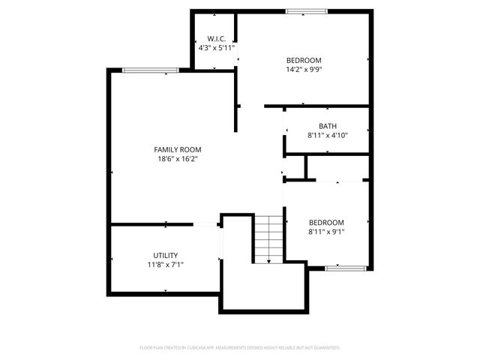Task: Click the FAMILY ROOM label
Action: [x=177, y=149]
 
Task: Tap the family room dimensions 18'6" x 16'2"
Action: [x=177, y=158]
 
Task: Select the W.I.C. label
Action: [x=217, y=39]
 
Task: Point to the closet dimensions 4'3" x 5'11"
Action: [x=217, y=47]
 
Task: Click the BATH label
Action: [x=327, y=126]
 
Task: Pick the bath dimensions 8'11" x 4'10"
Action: [x=327, y=135]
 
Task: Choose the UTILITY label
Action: [x=165, y=256]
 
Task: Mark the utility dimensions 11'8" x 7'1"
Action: [x=165, y=265]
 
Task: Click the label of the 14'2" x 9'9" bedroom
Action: [x=304, y=61]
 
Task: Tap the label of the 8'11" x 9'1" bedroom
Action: [x=326, y=223]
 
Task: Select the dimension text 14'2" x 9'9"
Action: [x=304, y=70]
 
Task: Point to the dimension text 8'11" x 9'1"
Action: [x=326, y=232]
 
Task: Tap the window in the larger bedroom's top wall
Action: [x=305, y=11]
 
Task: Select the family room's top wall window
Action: [x=151, y=70]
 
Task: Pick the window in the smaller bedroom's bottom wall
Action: [x=345, y=268]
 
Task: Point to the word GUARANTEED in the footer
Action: [x=324, y=348]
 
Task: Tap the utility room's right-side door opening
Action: [x=220, y=243]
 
